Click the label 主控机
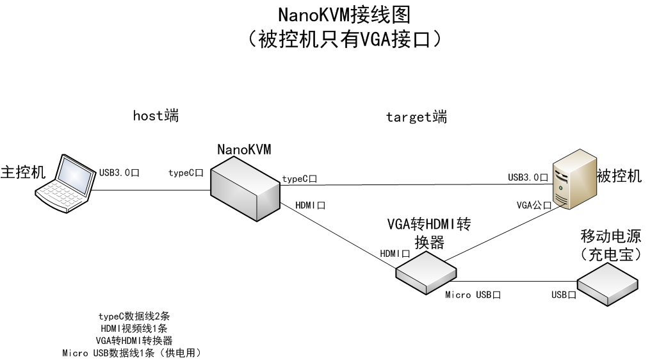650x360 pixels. pyautogui.click(x=24, y=173)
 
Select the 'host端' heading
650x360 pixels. pyautogui.click(x=156, y=116)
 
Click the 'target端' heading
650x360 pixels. pyautogui.click(x=416, y=117)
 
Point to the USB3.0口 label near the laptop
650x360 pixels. pyautogui.click(x=119, y=172)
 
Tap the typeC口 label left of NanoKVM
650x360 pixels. pyautogui.click(x=186, y=172)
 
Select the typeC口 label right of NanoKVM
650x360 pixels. pyautogui.click(x=300, y=177)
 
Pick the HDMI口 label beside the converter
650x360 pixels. pyautogui.click(x=395, y=253)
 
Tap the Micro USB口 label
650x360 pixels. pyautogui.click(x=473, y=295)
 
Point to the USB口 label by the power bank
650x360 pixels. pyautogui.click(x=564, y=295)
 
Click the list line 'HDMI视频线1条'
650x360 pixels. pyautogui.click(x=134, y=328)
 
